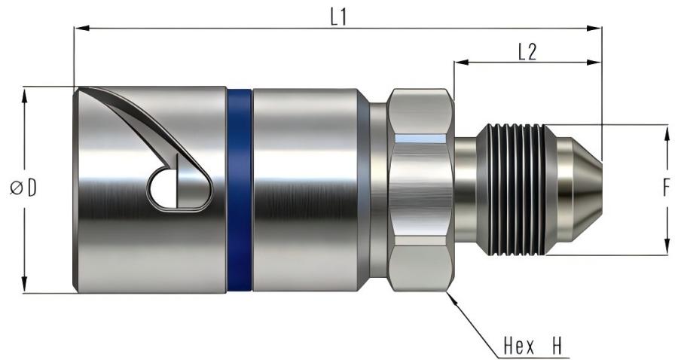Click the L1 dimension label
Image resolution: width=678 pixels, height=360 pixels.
339,17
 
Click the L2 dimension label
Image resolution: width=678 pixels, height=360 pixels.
527,51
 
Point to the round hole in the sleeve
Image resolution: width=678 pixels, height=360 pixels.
161,190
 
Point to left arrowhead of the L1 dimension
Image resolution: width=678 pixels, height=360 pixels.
79,29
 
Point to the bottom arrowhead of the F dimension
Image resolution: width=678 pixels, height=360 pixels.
667,249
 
